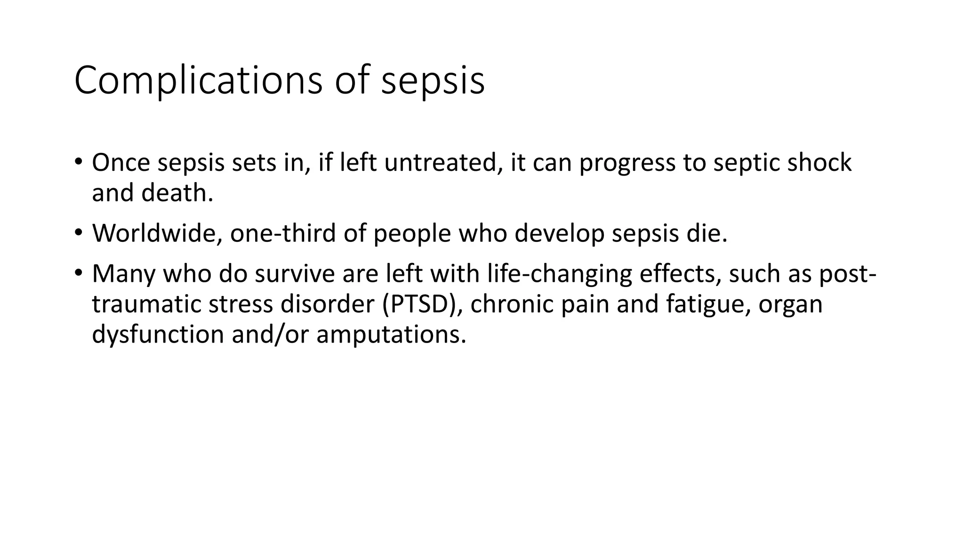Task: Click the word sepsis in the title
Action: [433, 81]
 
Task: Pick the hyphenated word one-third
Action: [283, 233]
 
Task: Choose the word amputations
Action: [391, 335]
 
